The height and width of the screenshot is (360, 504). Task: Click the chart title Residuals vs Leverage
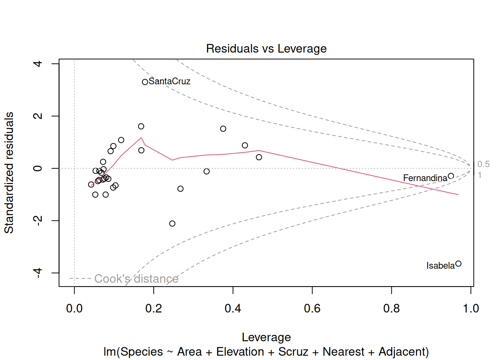coord(266,49)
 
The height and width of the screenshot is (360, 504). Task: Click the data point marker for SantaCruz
coord(145,82)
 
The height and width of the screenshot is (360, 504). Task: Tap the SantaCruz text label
coord(169,81)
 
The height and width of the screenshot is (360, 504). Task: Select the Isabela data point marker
coord(458,264)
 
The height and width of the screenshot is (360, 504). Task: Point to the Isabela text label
coord(440,266)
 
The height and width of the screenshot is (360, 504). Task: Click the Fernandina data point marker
coord(451,176)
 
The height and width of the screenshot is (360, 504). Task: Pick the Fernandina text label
coord(425,178)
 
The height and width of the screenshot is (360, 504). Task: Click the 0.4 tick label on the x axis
coord(233,309)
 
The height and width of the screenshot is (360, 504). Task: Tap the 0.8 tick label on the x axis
coord(391,309)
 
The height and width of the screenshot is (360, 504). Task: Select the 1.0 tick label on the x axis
coord(471,309)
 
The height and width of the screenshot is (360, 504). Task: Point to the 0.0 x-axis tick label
coord(74,309)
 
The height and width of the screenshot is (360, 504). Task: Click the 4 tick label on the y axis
coord(38,64)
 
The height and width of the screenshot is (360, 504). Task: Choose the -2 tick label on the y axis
coord(38,220)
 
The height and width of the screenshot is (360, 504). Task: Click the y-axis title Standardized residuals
coord(9,172)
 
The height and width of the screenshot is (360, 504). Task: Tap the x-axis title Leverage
coord(266,337)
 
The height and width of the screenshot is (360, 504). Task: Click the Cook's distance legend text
coord(136,279)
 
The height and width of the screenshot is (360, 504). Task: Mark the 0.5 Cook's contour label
coord(483,164)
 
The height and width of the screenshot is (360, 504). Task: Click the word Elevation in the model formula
coord(240,352)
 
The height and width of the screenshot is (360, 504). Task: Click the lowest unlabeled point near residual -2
coord(172,223)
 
